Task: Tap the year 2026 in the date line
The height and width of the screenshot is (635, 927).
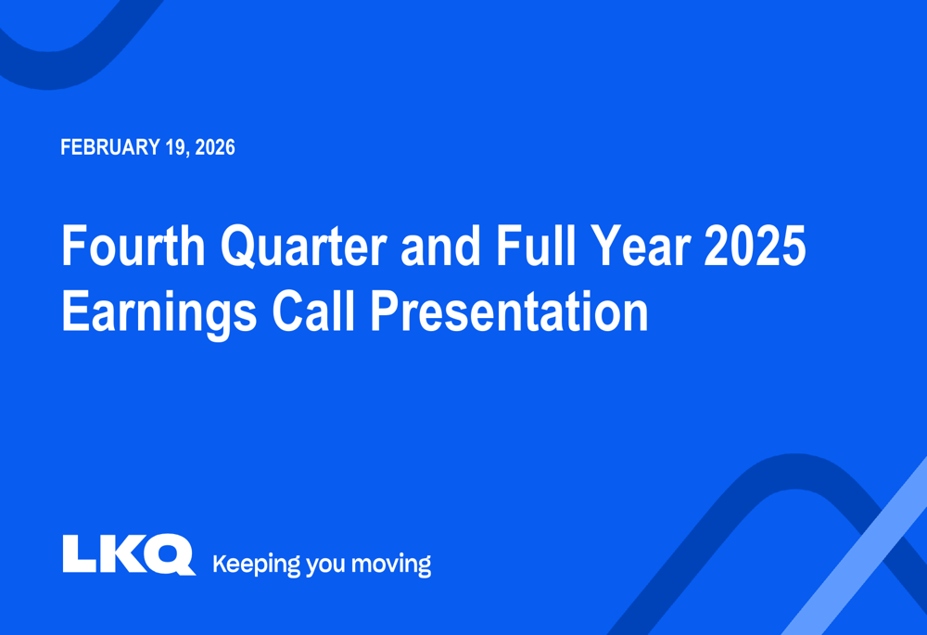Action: [215, 147]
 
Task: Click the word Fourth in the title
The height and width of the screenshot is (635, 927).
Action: [133, 246]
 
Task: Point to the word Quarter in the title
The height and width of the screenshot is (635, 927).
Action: [304, 246]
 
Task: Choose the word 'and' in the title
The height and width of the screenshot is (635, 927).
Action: [441, 246]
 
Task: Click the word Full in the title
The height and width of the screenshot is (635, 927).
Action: [536, 246]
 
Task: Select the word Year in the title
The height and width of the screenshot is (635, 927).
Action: [641, 246]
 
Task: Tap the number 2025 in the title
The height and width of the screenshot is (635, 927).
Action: [755, 246]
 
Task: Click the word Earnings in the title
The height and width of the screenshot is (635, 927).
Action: [159, 312]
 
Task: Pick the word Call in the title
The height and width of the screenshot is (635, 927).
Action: [313, 311]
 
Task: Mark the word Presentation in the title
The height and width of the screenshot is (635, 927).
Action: [509, 311]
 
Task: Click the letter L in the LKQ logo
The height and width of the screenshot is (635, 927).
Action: [78, 553]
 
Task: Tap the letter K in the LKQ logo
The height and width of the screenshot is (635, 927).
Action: [121, 553]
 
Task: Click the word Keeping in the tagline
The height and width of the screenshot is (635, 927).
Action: [257, 565]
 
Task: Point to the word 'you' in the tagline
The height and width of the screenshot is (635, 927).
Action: [325, 566]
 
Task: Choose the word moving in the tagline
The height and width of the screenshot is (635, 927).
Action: [391, 565]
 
